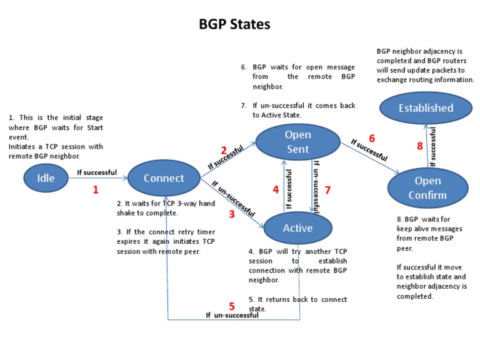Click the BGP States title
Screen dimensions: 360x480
pyautogui.click(x=234, y=24)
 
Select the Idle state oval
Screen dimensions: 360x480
pyautogui.click(x=46, y=178)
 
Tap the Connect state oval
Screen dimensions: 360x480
pyautogui.click(x=164, y=178)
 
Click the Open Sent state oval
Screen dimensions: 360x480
pyautogui.click(x=297, y=142)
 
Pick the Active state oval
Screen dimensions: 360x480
pyautogui.click(x=297, y=228)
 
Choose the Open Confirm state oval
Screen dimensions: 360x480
pyautogui.click(x=428, y=187)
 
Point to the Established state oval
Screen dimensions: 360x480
pyautogui.click(x=426, y=108)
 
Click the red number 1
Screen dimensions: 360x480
pyautogui.click(x=96, y=189)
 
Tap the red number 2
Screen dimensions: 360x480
pyautogui.click(x=223, y=151)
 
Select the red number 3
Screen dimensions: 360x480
pyautogui.click(x=231, y=214)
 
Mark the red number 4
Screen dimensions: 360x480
pyautogui.click(x=276, y=190)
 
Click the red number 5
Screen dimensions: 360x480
pyautogui.click(x=232, y=306)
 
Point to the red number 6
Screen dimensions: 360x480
pyautogui.click(x=371, y=138)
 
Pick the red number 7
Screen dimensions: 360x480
pyautogui.click(x=326, y=190)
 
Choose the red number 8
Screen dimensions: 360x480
pyautogui.click(x=420, y=146)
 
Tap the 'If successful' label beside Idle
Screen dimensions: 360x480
pyautogui.click(x=96, y=172)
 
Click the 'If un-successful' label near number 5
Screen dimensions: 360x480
pyautogui.click(x=232, y=316)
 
